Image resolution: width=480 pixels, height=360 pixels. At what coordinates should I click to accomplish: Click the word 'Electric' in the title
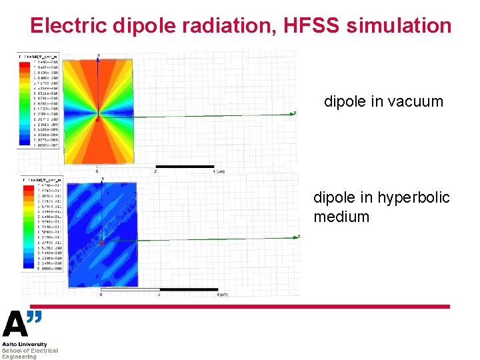click(69, 26)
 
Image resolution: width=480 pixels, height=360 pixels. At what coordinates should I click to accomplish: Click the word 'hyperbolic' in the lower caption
click(413, 198)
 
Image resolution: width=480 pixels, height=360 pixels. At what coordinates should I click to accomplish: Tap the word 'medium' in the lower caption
click(341, 217)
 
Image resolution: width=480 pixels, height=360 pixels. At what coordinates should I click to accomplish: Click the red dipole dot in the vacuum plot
click(97, 121)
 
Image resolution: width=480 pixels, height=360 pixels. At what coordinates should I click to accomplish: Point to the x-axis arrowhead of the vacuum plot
click(293, 113)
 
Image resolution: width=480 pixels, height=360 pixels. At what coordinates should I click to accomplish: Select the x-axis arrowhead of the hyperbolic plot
click(297, 237)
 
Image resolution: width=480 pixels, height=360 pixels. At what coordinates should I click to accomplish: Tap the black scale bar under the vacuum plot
click(185, 166)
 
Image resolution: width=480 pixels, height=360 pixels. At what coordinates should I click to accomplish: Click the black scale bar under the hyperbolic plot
click(189, 289)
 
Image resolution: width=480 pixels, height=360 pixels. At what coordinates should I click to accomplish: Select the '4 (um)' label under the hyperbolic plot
click(223, 294)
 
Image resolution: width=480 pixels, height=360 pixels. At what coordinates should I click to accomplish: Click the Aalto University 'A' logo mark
click(15, 325)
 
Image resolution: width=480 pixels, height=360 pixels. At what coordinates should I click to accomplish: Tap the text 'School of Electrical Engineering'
click(29, 353)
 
